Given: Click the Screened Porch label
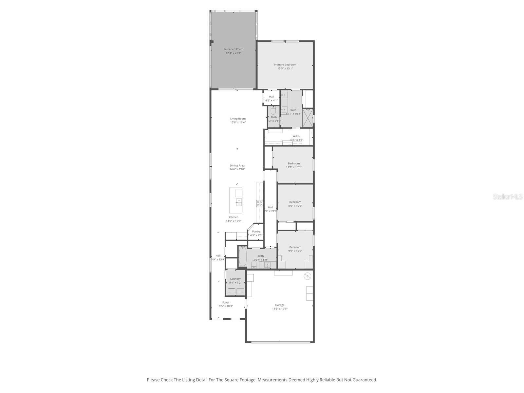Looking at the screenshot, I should click(233, 49).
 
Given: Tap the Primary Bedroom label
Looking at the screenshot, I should click(285, 65).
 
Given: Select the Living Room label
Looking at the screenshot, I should click(238, 119).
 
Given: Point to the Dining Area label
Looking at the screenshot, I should click(237, 165).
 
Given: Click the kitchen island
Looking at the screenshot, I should click(236, 200).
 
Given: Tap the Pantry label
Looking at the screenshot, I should click(256, 231).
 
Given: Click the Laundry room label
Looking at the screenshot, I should click(235, 279).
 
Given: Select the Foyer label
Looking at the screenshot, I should click(226, 302).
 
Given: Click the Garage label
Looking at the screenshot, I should click(280, 305).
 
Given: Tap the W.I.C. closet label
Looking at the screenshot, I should click(296, 136).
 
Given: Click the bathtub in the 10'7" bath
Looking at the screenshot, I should click(242, 256).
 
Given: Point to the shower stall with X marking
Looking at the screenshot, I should click(308, 118).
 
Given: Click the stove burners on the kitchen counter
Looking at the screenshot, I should click(260, 203).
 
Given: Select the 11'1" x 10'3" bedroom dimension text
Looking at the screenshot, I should click(294, 167).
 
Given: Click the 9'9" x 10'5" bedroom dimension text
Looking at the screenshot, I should click(295, 251).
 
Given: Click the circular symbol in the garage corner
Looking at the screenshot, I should click(307, 276).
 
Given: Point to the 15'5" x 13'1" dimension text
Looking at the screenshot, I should click(285, 68).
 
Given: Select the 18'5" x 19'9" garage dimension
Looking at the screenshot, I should click(280, 309).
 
